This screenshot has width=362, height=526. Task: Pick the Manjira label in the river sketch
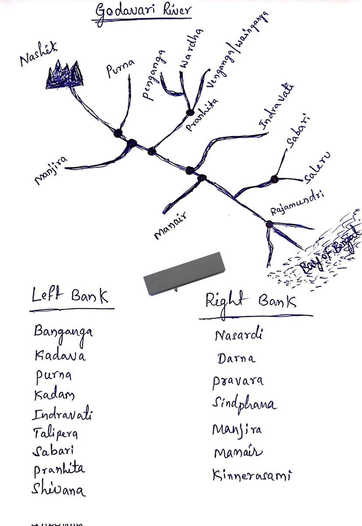50,171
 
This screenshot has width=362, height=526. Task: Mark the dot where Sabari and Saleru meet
274,179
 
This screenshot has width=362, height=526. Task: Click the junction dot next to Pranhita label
190,112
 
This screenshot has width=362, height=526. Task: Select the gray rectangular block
184,273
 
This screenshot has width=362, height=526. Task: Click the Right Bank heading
251,302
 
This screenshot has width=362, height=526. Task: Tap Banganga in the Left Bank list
63,331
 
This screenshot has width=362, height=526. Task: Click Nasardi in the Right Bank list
239,336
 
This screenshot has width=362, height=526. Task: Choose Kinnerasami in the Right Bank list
252,475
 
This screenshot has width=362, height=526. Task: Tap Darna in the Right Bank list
236,359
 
